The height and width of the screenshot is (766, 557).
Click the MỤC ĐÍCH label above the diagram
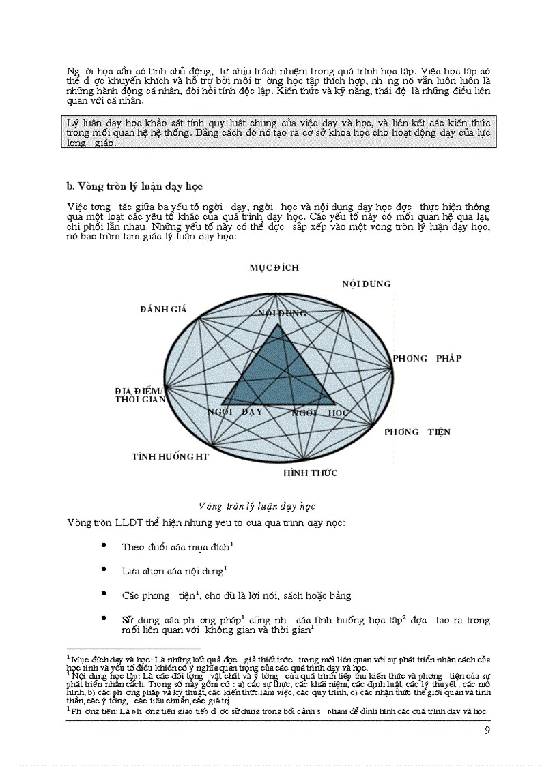pos(274,268)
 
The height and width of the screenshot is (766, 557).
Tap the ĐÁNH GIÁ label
pos(163,309)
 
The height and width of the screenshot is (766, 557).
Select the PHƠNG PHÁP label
pos(427,358)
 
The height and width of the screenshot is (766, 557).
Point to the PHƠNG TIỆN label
pos(417,432)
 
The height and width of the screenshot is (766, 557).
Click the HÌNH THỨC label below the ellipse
pos(310,473)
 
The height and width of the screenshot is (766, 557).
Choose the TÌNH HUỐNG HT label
pos(171,456)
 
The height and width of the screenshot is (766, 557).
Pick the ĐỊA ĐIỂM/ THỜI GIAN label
pos(140,395)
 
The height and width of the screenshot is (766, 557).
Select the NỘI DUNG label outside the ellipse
pos(367,284)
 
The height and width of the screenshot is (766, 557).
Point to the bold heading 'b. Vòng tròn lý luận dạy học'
pos(134,186)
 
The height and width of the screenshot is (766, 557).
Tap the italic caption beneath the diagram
pos(256,507)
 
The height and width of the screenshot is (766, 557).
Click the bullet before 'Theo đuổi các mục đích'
pos(103,546)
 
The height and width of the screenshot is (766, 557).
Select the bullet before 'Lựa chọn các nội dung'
pos(103,570)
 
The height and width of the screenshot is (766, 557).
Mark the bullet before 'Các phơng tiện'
pos(103,595)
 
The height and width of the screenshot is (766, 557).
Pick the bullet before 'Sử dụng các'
pos(103,619)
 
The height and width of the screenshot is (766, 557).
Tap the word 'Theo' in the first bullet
pos(132,547)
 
